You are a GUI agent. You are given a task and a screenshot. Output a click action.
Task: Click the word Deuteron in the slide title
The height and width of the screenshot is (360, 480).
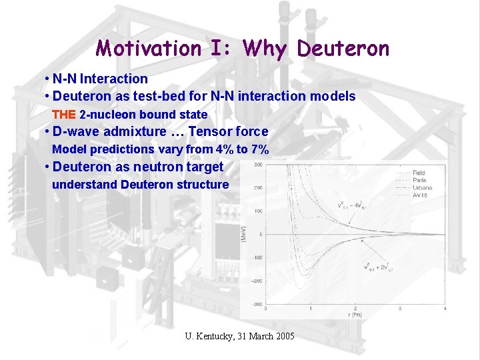click(343, 49)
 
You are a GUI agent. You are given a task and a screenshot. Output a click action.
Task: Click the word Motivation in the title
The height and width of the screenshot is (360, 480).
click(148, 49)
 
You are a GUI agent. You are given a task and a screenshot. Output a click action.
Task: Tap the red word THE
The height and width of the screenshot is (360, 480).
click(64, 114)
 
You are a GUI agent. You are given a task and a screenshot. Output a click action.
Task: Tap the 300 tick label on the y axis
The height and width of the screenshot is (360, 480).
click(257, 164)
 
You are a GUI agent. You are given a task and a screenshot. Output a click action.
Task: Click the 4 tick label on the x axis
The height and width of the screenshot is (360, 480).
click(445, 309)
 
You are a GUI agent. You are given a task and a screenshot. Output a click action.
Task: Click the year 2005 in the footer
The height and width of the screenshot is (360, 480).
click(283, 336)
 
